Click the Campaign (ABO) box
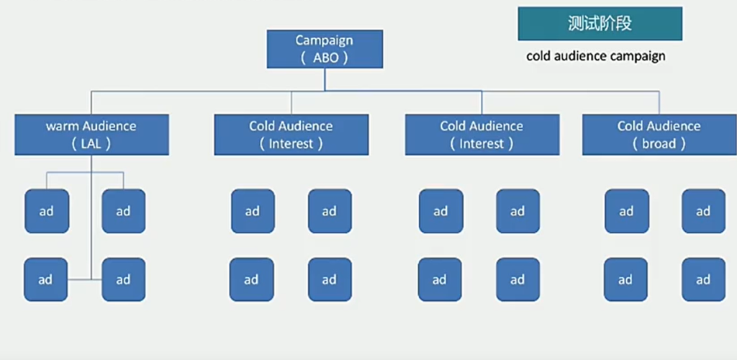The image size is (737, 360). point(324,50)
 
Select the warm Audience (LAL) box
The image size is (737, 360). point(91,135)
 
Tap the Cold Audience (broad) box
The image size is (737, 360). point(659,135)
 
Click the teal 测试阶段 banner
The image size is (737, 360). point(600,24)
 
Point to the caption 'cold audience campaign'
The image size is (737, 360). point(596,55)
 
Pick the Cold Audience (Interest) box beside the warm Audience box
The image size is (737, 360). point(291,135)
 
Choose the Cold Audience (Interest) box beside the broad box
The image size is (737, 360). point(481,135)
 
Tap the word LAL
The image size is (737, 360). point(91,143)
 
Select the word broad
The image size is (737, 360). point(659,143)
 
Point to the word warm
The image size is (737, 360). point(63,126)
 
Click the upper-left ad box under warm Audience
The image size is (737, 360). point(47,211)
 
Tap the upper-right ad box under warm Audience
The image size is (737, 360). point(123,211)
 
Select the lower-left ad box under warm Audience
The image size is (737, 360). point(45,279)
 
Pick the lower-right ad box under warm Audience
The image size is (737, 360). point(123,279)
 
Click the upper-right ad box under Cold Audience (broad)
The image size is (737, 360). point(703,211)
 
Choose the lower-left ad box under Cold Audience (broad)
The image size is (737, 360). point(625,279)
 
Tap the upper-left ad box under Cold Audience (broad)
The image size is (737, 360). point(626,211)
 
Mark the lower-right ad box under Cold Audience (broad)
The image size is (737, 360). point(703,279)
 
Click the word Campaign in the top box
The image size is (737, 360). point(324,40)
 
